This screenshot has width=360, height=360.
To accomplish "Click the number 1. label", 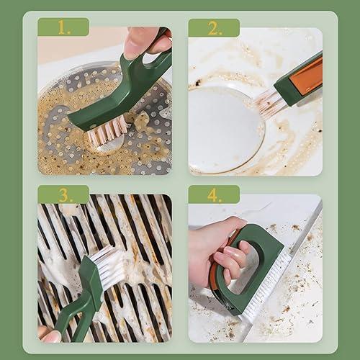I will click(x=64, y=27).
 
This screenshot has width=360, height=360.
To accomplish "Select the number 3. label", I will click(x=64, y=194).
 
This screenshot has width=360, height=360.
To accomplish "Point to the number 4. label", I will click(x=215, y=194).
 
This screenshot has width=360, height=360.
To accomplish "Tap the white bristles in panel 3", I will click(x=112, y=266).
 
